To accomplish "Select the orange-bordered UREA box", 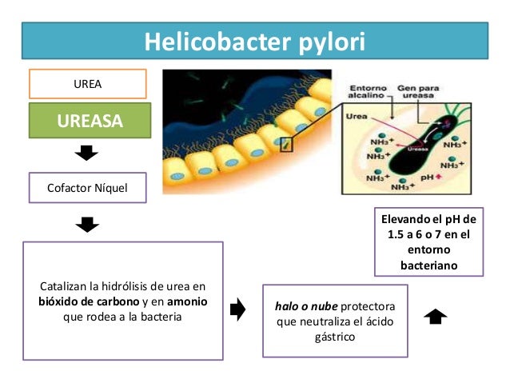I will point(88,83).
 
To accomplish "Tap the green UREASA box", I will point(88,122).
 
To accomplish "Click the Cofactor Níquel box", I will point(88,189).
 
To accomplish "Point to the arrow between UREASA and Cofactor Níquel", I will point(88,154).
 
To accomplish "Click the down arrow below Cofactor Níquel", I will point(88,225).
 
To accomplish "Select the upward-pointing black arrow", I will point(436,317).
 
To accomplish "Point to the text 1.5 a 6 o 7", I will point(416,234).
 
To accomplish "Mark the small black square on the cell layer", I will point(285,145).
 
